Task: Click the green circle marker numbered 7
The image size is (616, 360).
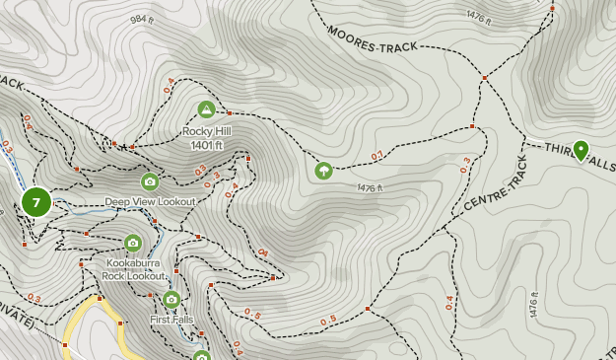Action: [36, 203]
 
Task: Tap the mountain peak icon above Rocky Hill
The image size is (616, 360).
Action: [206, 109]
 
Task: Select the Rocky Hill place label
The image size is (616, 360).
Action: [206, 131]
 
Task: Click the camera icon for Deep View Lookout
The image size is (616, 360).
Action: [150, 181]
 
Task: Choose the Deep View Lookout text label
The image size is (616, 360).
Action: [151, 201]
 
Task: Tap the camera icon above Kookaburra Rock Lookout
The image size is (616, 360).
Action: [133, 243]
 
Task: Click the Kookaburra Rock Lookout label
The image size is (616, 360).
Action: [133, 270]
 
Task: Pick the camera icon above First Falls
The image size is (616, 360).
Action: [171, 300]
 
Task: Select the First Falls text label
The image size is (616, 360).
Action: [171, 320]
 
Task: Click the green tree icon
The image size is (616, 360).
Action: [323, 171]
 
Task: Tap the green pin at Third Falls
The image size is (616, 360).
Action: [581, 150]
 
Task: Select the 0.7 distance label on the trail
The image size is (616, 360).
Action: [377, 156]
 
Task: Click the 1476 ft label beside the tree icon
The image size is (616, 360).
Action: [369, 187]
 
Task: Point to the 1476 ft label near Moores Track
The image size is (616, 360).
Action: [478, 17]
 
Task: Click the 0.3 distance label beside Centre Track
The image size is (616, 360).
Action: [465, 166]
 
